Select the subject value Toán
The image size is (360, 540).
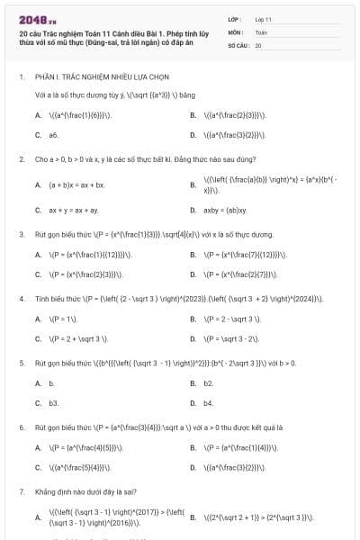[261, 31]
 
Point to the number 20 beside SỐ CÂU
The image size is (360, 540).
[258, 44]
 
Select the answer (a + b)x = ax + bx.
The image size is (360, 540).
[77, 185]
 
